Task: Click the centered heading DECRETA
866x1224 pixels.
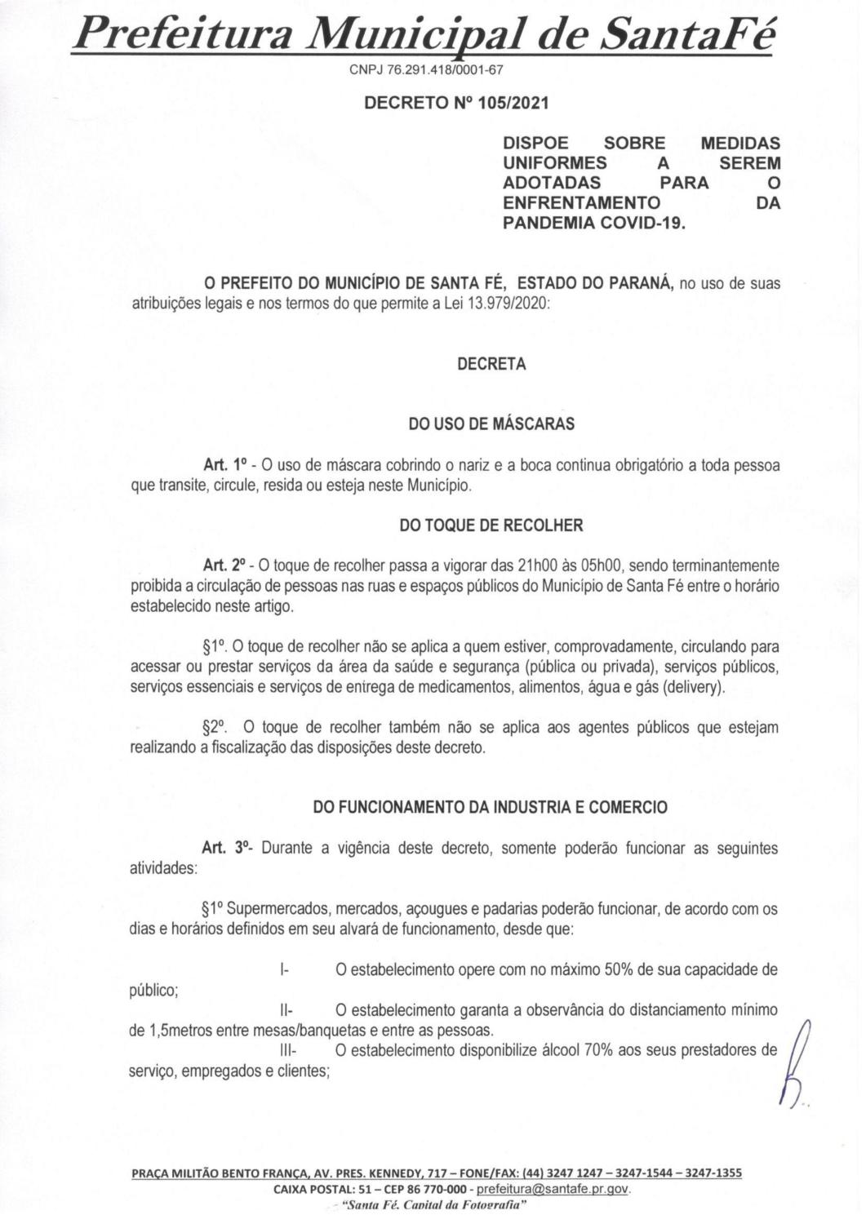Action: (491, 364)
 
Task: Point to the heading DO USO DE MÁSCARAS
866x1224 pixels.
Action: (491, 424)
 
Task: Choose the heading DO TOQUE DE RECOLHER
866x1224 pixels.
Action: (491, 526)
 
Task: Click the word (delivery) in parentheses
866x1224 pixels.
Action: (693, 687)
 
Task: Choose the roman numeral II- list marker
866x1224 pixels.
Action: (286, 1010)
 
